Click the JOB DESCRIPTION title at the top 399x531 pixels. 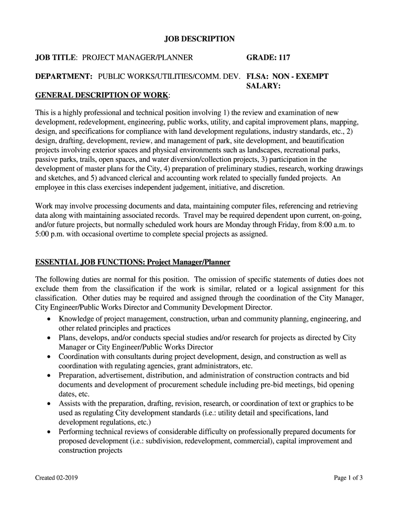click(x=199, y=39)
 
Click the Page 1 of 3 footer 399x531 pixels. click(x=348, y=478)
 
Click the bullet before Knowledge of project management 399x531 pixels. click(x=49, y=319)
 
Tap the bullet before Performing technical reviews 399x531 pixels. click(x=49, y=431)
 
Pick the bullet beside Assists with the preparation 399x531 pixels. click(x=49, y=403)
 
